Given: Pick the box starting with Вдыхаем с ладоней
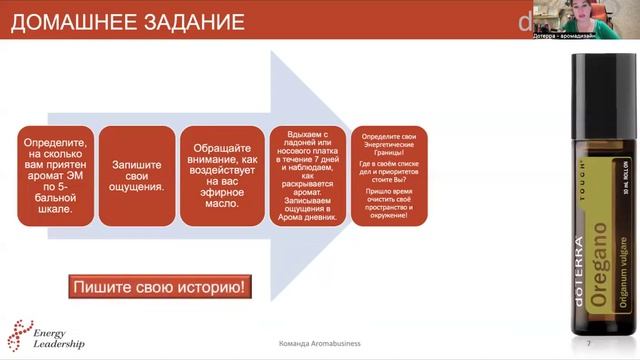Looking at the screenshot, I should (x=306, y=176).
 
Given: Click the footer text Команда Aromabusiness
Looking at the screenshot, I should (x=320, y=344).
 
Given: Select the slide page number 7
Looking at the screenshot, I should (x=588, y=344).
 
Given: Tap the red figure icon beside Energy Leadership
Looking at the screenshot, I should (x=19, y=336).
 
